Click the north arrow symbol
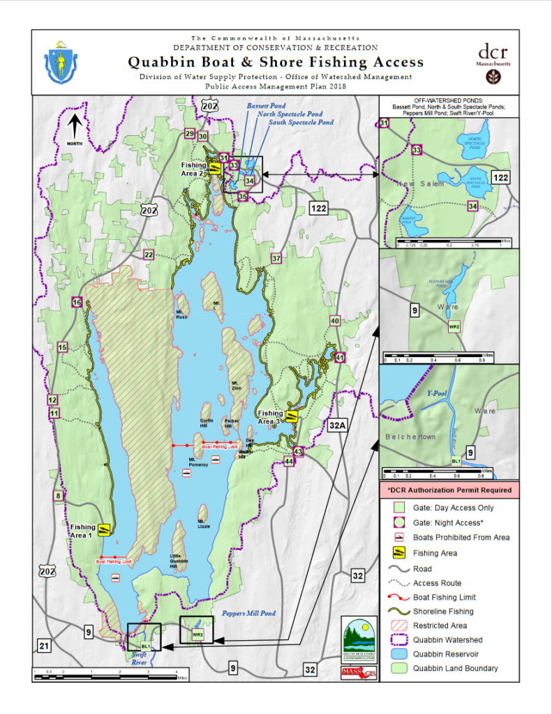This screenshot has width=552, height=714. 75,128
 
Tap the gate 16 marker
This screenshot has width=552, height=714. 77,302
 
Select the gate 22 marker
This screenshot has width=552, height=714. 149,255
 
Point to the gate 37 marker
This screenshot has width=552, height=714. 276,259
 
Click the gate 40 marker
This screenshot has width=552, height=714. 335,321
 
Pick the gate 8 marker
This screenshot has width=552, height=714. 59,496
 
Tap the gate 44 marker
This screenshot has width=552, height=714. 289,461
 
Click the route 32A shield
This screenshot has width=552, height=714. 338,425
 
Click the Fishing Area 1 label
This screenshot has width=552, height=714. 83,531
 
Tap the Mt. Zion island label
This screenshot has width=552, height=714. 235,383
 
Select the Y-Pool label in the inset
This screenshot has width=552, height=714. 437,393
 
